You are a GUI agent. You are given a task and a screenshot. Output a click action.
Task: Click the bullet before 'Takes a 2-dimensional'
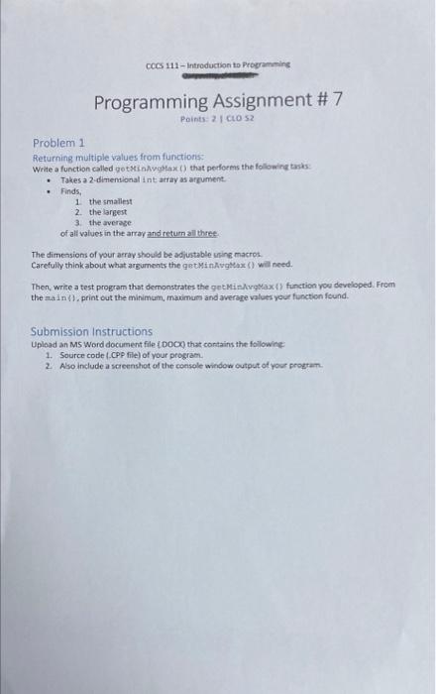[x=50, y=180]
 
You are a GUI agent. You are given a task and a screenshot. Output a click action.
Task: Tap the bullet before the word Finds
[x=50, y=192]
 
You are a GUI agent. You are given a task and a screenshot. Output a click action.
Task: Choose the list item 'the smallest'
[x=115, y=202]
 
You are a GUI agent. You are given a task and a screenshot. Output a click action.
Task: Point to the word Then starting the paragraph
[x=43, y=286]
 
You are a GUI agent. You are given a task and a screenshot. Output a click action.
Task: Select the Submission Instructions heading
[x=92, y=331]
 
